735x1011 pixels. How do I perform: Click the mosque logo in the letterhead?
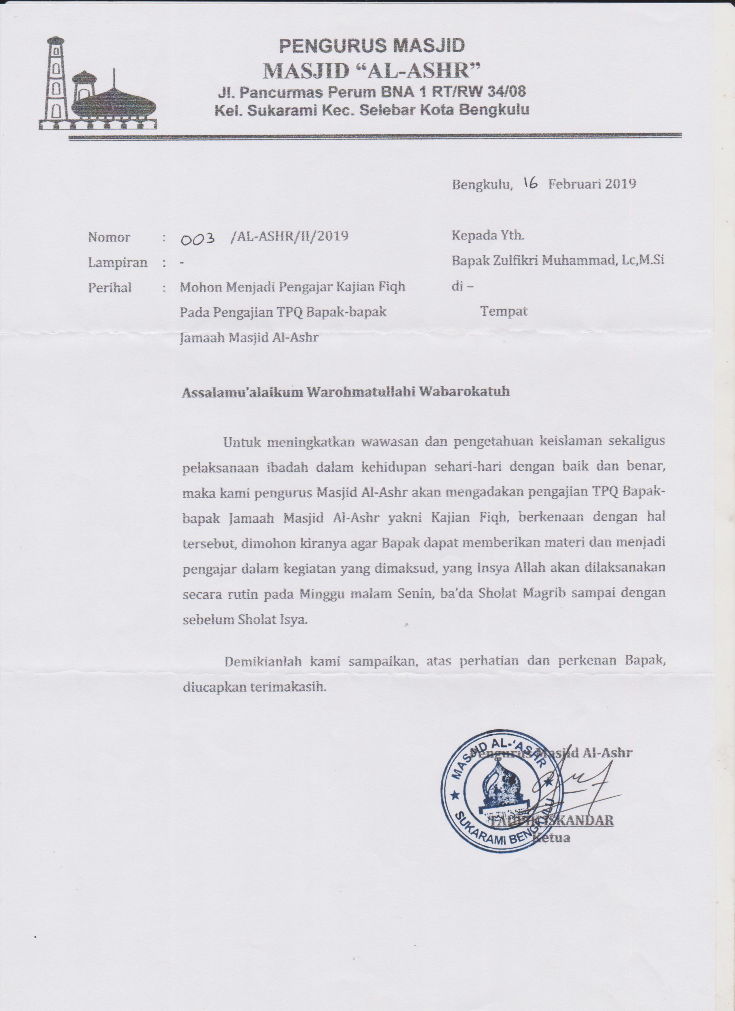98,85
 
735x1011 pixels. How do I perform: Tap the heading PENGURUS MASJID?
372,46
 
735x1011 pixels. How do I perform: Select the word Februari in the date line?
575,184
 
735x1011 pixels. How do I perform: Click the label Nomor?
109,237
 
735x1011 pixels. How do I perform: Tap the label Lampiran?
118,263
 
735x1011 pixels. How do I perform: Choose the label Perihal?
110,288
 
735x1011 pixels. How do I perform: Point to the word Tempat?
504,311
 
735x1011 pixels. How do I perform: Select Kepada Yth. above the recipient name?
488,235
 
